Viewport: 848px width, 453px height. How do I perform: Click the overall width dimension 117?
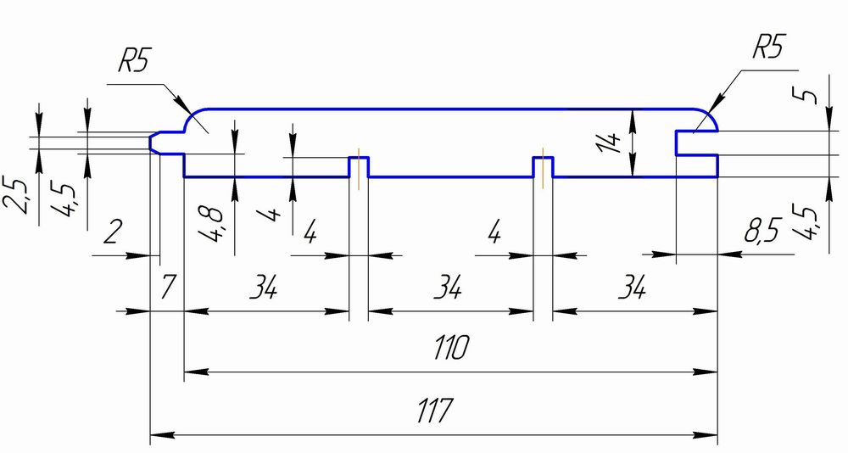coord(433,411)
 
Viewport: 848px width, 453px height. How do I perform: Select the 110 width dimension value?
coord(452,348)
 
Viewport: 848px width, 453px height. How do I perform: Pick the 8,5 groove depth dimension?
coord(761,232)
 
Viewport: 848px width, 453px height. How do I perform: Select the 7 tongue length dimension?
coord(169,287)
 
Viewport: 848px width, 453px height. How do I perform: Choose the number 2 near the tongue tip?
coord(113,232)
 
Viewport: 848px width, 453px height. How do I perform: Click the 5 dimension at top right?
coord(804,96)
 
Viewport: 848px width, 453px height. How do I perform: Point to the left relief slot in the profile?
coord(358,167)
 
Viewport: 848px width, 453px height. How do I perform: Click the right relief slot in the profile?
coord(543,167)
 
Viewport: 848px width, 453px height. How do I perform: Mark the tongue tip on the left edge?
coord(151,143)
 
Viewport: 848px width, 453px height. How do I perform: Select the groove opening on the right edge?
coord(696,143)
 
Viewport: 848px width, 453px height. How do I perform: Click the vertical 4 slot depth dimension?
coord(274,213)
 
